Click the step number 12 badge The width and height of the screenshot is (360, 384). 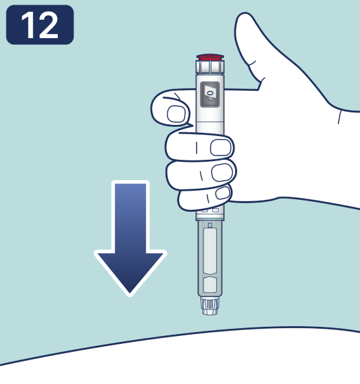39,25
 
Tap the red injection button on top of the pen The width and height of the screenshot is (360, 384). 210,58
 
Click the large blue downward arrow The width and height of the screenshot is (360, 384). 131,238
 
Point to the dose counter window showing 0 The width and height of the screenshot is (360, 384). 210,95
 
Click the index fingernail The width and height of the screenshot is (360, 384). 176,114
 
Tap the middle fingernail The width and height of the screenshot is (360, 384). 221,148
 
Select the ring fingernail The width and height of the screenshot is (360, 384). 222,172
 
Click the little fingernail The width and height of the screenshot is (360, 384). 223,193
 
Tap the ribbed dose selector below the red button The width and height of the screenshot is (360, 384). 210,67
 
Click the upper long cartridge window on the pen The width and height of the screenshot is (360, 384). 210,251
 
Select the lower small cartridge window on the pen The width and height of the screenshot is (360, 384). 210,284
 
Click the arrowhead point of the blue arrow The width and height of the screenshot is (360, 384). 130,295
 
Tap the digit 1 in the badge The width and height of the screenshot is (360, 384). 29,25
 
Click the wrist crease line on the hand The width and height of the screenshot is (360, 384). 340,117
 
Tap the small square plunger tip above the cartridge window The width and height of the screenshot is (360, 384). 210,225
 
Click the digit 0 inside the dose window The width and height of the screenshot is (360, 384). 210,93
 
